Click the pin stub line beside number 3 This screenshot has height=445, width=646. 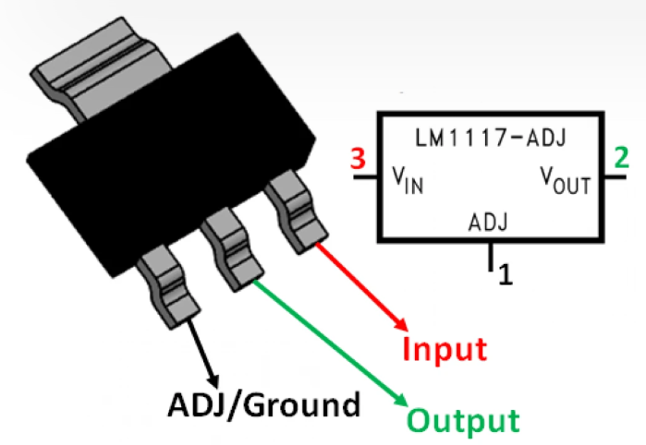point(365,175)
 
